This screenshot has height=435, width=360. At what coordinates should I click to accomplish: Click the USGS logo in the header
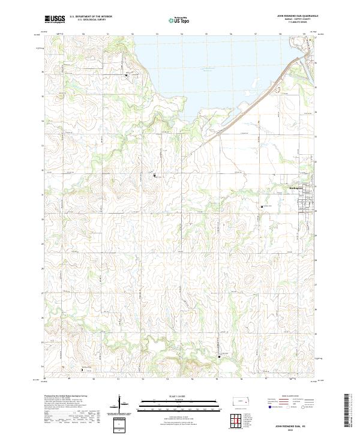[x=55, y=20]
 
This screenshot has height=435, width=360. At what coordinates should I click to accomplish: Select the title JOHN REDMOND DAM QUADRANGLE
[x=297, y=16]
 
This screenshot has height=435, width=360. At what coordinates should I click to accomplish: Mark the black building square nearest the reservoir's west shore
[x=126, y=75]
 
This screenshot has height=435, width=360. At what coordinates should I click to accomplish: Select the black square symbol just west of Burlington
[x=262, y=206]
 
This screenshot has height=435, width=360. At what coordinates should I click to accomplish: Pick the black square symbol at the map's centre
[x=155, y=175]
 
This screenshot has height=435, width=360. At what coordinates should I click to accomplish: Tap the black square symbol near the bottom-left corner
[x=82, y=370]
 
